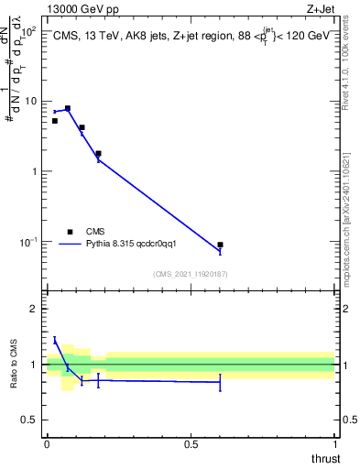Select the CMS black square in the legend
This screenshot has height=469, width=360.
(70, 232)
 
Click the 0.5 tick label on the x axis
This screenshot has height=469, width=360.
(191, 444)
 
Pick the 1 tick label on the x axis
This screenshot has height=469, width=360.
(334, 444)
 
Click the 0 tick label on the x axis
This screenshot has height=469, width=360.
(47, 444)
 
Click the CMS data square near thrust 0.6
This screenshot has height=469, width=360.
(220, 245)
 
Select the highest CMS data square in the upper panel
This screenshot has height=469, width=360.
(67, 108)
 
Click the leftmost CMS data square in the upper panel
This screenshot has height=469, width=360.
(54, 121)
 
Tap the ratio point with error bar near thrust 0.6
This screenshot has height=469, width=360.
(220, 382)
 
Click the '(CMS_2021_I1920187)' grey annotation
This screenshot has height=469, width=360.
(190, 274)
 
